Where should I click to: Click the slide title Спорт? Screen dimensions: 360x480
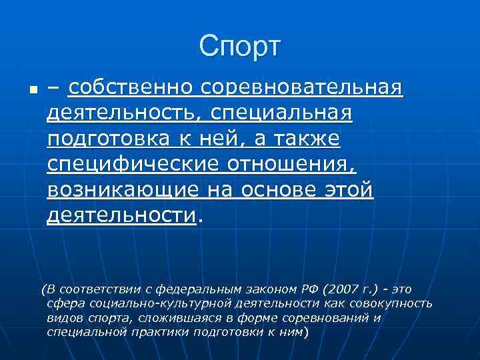tap(240, 46)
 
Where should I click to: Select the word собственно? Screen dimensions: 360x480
tap(132, 87)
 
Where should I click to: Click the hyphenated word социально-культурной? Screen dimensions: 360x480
tap(139, 303)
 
